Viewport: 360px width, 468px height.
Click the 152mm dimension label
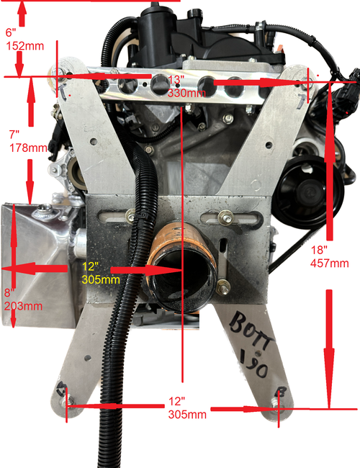pyautogui.click(x=19, y=45)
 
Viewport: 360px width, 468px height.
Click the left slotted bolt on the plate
pyautogui.click(x=130, y=215)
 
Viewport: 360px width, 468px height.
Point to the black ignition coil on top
pyautogui.click(x=155, y=29)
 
